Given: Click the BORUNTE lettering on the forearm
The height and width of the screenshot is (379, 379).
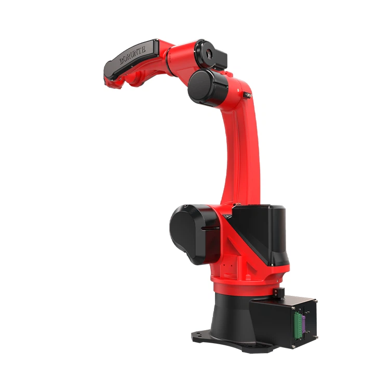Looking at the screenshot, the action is point(132,55).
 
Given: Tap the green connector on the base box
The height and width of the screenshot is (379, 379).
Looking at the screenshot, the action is point(297,326).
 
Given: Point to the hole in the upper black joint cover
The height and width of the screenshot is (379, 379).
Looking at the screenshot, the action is point(208,53).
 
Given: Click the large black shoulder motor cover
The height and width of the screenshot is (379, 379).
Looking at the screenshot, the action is point(191,233).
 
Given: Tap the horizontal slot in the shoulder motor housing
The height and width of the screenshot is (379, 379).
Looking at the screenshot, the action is point(210,228).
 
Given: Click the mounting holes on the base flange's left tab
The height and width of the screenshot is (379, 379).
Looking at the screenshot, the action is point(199,334).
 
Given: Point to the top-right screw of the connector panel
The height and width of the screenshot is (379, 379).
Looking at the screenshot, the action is point(316,302).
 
